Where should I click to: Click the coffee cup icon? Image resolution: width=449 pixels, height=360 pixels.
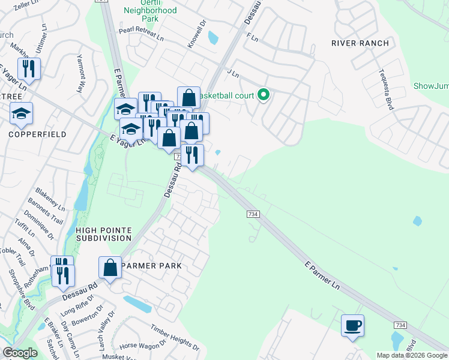click(x=352, y=326)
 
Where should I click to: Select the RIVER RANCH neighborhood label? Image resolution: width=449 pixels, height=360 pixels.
click(x=360, y=43)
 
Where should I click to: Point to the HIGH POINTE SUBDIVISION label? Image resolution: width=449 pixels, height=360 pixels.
click(x=104, y=234)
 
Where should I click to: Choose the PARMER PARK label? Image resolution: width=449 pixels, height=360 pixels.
click(x=151, y=265)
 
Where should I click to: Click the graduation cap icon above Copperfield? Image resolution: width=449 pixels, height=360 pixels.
click(x=22, y=113)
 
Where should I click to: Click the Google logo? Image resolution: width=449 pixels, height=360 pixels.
click(x=20, y=353)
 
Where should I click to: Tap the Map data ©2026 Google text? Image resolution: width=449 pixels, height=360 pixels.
click(x=411, y=355)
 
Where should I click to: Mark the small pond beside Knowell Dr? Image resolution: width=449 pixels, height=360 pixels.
click(x=212, y=38)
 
